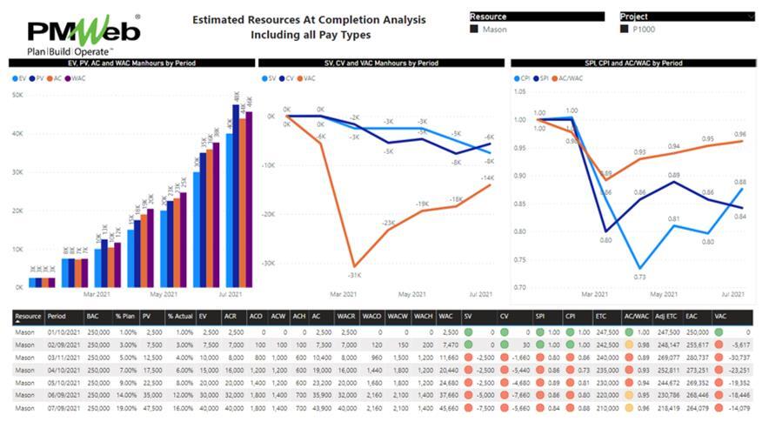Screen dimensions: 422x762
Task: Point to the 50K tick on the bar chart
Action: (17, 95)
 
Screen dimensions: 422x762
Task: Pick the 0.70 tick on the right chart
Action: (520, 287)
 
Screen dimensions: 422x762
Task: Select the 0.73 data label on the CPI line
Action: (640, 277)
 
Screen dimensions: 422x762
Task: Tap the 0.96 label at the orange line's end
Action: (740, 134)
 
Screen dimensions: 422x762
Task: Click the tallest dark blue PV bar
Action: (235, 196)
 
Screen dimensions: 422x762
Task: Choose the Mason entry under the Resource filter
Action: (494, 29)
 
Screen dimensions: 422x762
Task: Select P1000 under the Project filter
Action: (645, 29)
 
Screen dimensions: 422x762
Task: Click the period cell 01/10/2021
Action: (63, 332)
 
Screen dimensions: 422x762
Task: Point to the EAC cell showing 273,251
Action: (696, 370)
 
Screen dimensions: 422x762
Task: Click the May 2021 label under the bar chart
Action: (150, 295)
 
